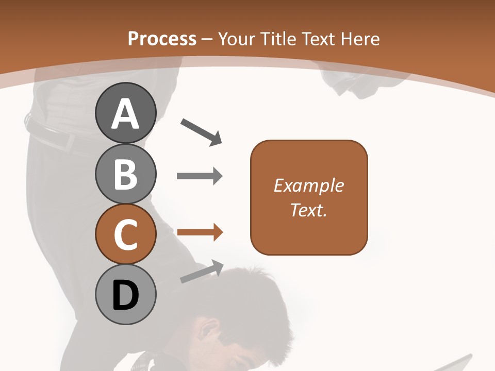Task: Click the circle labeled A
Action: [125, 113]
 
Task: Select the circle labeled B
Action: [125, 174]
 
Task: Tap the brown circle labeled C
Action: [125, 234]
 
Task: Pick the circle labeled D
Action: [125, 294]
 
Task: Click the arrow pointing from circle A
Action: [201, 132]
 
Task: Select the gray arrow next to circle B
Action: [200, 176]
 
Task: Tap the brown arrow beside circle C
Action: [200, 232]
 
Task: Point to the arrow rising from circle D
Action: [202, 272]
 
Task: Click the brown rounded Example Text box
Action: [309, 197]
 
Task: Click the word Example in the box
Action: [309, 185]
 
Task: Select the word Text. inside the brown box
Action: [308, 210]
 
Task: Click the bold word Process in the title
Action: [162, 39]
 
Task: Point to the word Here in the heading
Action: [360, 39]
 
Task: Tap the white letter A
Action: [125, 114]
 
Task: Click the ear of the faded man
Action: [210, 330]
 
